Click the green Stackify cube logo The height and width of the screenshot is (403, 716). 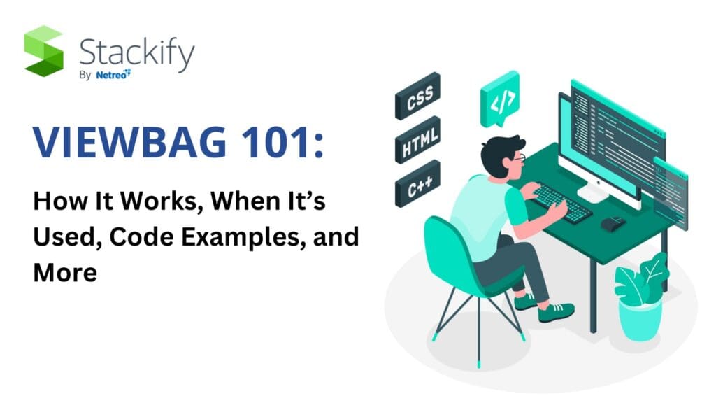[43, 50]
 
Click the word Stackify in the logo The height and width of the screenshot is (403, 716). [136, 53]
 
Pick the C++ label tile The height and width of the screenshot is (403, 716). [418, 187]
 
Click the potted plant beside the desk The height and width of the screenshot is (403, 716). [637, 294]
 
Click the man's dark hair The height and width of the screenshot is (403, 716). [499, 150]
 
